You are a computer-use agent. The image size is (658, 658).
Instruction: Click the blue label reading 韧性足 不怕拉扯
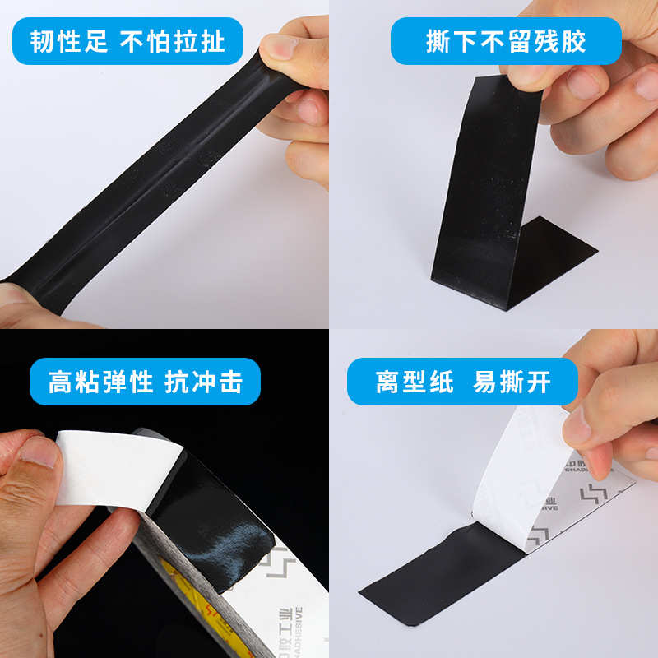point(127,41)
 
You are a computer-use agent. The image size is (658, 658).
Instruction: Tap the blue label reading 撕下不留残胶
point(506,41)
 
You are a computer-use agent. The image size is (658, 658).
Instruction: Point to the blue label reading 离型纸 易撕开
point(474,382)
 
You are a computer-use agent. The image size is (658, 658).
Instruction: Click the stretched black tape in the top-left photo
point(148,173)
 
